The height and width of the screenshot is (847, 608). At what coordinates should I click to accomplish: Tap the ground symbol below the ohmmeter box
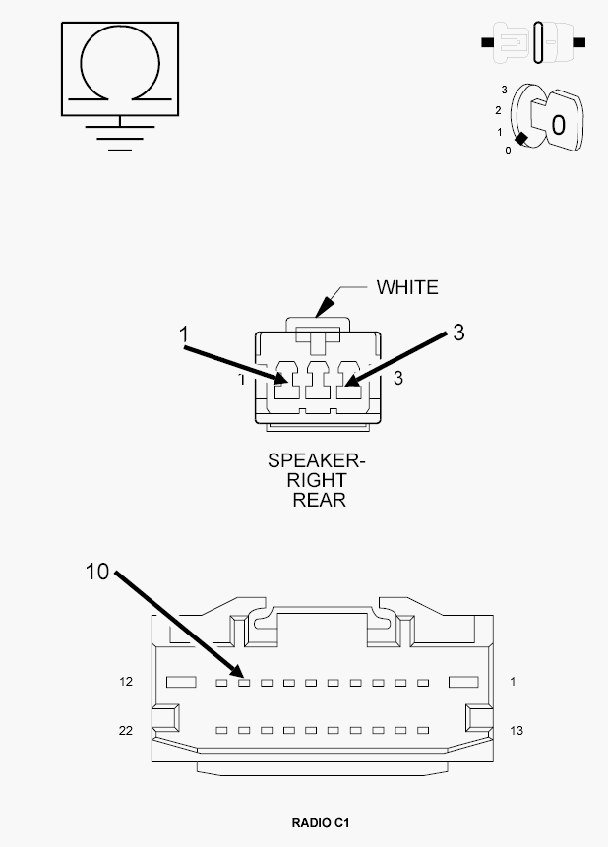(120, 134)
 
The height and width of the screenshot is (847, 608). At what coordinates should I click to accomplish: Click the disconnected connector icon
(533, 42)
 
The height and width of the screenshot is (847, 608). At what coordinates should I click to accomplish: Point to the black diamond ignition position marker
(521, 139)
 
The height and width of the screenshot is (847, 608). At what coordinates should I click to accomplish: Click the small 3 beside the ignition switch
(505, 90)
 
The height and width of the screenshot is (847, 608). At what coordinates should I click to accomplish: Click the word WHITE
(407, 287)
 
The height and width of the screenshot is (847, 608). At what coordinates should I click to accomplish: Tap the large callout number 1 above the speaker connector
(184, 334)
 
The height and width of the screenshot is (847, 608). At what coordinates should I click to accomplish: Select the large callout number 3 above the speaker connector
(458, 333)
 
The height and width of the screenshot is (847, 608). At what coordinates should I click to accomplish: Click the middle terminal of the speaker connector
(318, 381)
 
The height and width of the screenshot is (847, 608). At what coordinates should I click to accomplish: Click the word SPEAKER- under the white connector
(317, 460)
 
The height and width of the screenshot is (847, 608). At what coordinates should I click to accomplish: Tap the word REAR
(320, 500)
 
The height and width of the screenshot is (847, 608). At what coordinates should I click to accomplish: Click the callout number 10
(97, 572)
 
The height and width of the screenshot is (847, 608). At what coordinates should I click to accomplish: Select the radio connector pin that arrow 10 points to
(244, 683)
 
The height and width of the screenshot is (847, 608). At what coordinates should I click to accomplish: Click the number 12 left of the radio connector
(126, 682)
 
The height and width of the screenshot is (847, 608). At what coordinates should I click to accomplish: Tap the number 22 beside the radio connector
(125, 731)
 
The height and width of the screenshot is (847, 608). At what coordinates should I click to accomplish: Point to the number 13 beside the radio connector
(517, 731)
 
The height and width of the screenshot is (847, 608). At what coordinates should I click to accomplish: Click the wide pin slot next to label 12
(181, 683)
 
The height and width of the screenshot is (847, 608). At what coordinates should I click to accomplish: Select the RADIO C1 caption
(321, 823)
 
